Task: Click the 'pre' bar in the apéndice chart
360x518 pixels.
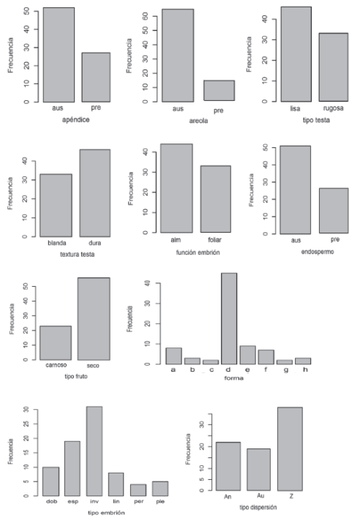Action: pyautogui.click(x=95, y=77)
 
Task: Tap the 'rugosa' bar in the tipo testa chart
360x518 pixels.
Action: pyautogui.click(x=334, y=67)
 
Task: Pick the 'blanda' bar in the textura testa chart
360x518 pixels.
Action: pyautogui.click(x=56, y=205)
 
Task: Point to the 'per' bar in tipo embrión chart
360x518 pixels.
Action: pyautogui.click(x=138, y=489)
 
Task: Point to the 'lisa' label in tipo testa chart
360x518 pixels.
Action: pyautogui.click(x=296, y=109)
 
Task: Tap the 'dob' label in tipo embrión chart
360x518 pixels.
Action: pyautogui.click(x=50, y=502)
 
